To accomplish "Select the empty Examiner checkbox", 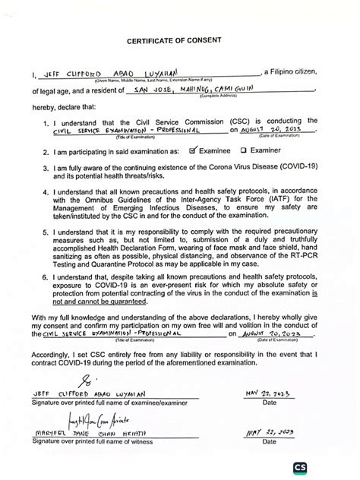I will coord(244,150).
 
